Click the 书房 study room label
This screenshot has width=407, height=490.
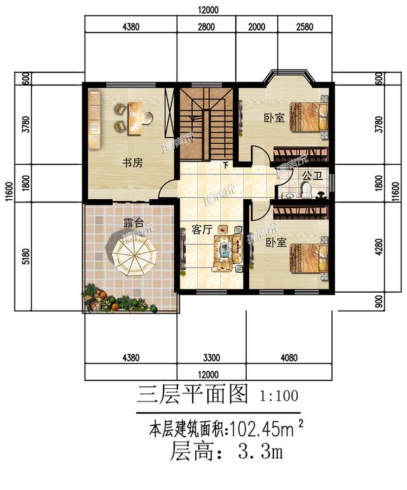tap(132, 163)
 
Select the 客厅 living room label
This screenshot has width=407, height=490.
tap(201, 230)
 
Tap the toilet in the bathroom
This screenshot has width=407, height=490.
tap(306, 190)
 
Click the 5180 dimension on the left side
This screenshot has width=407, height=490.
tap(25, 256)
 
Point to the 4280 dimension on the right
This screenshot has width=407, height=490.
tap(379, 246)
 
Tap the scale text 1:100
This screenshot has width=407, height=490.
tap(279, 396)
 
